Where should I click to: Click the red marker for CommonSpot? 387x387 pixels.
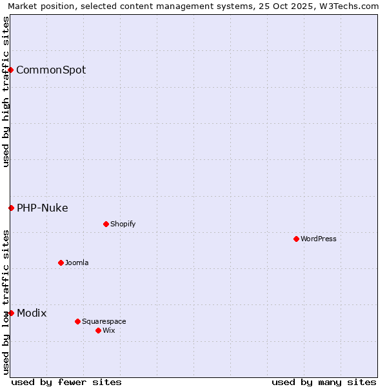tap(11, 70)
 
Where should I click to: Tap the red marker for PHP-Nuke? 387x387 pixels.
tap(11, 208)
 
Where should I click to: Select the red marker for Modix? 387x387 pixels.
tap(11, 313)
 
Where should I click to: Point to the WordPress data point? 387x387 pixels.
tap(296, 239)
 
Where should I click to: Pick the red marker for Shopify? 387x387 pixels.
tap(106, 224)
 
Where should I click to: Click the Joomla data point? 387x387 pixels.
tap(61, 263)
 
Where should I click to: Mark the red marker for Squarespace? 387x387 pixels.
tap(77, 321)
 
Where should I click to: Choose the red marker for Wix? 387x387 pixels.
tap(98, 330)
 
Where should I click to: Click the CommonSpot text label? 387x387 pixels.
tap(51, 70)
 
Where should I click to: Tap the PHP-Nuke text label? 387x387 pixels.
tap(43, 208)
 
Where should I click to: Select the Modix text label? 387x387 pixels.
tap(32, 313)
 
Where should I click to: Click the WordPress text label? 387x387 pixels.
tap(319, 239)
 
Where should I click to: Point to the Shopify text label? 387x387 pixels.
tap(123, 224)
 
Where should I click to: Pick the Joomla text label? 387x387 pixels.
tap(77, 263)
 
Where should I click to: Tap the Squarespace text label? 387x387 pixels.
tap(104, 321)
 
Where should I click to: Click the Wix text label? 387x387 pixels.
tap(109, 330)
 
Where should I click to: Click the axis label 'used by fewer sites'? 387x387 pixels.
tap(66, 382)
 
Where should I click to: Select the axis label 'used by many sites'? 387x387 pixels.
tap(324, 382)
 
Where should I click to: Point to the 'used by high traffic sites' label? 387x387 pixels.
tap(6, 92)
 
